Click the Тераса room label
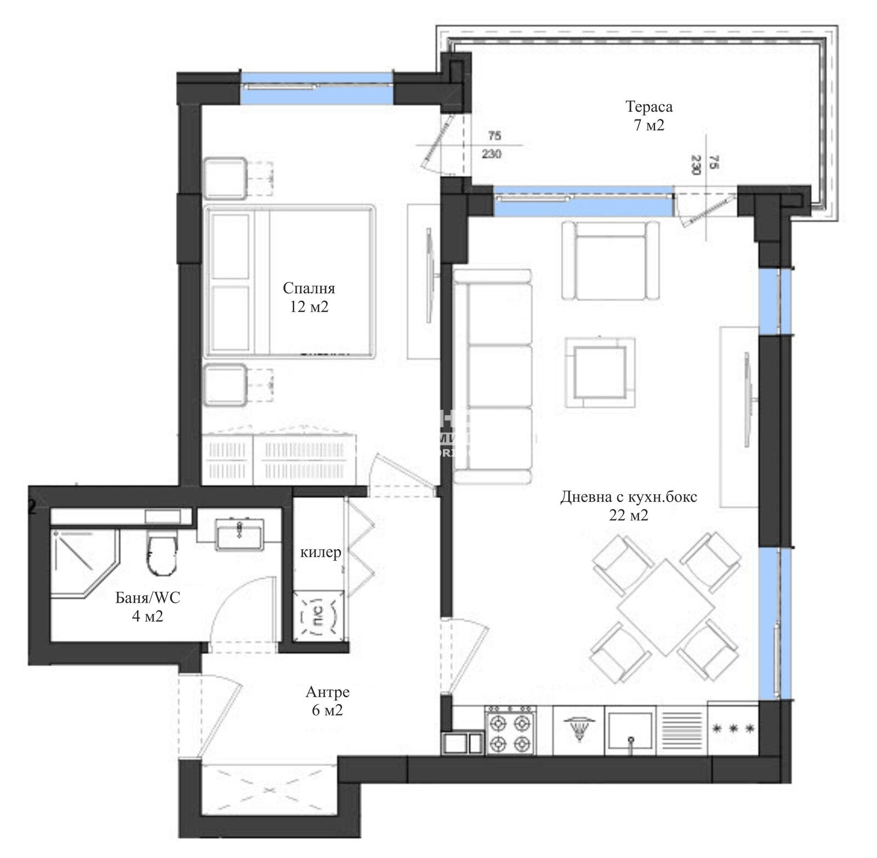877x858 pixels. click(649, 107)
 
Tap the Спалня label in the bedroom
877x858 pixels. click(309, 288)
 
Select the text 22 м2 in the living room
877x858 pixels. click(628, 516)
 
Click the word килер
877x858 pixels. click(321, 553)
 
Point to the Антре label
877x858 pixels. click(327, 693)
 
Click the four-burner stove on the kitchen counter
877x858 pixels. click(510, 731)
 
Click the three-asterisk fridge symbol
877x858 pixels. click(733, 729)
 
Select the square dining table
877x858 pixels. click(665, 607)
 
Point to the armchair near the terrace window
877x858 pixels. click(610, 260)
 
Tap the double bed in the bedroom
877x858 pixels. click(289, 282)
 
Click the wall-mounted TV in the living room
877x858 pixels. click(748, 400)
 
